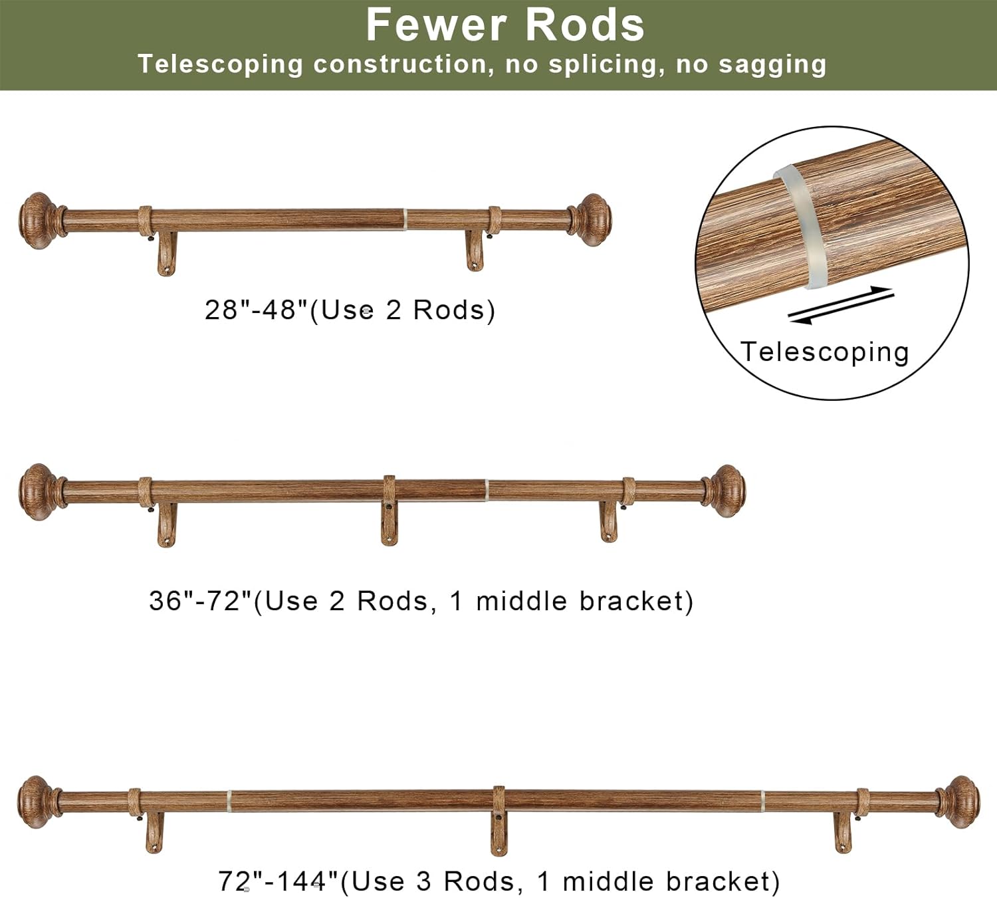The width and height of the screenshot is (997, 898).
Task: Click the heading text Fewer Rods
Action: (505, 25)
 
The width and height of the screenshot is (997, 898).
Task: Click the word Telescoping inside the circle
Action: (824, 352)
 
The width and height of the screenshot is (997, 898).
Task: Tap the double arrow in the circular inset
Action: (841, 305)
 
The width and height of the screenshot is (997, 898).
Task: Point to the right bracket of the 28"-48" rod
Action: (475, 249)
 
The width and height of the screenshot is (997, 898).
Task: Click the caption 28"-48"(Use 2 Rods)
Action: (350, 310)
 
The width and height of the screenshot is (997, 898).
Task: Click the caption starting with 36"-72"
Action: (421, 601)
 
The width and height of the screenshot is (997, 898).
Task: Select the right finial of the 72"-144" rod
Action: (961, 802)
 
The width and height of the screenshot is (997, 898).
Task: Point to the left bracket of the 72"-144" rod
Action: (154, 831)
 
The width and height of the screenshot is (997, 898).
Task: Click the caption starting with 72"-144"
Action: (498, 881)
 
